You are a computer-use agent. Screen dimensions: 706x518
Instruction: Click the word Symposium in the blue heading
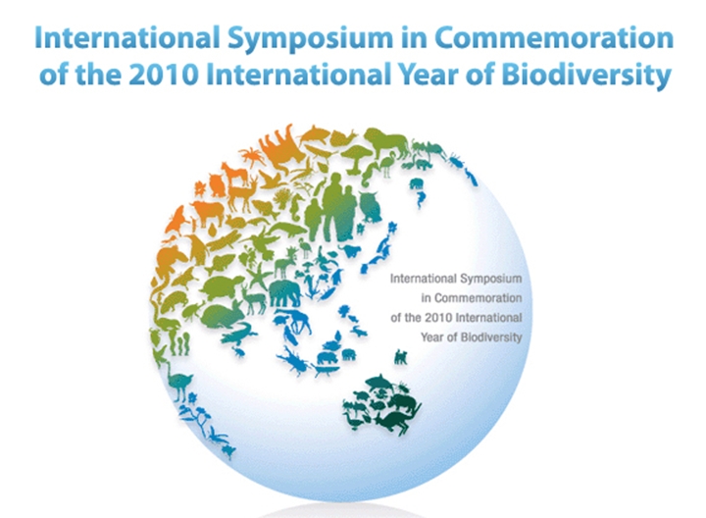click(310, 39)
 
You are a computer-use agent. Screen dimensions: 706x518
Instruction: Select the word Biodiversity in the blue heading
click(586, 76)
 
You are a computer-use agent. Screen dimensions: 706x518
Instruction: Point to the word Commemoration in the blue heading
click(554, 37)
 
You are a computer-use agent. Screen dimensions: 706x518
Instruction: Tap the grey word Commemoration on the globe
click(479, 297)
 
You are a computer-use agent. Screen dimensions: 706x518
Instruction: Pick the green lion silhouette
click(387, 138)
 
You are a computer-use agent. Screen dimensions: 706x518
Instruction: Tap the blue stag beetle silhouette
click(293, 361)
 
